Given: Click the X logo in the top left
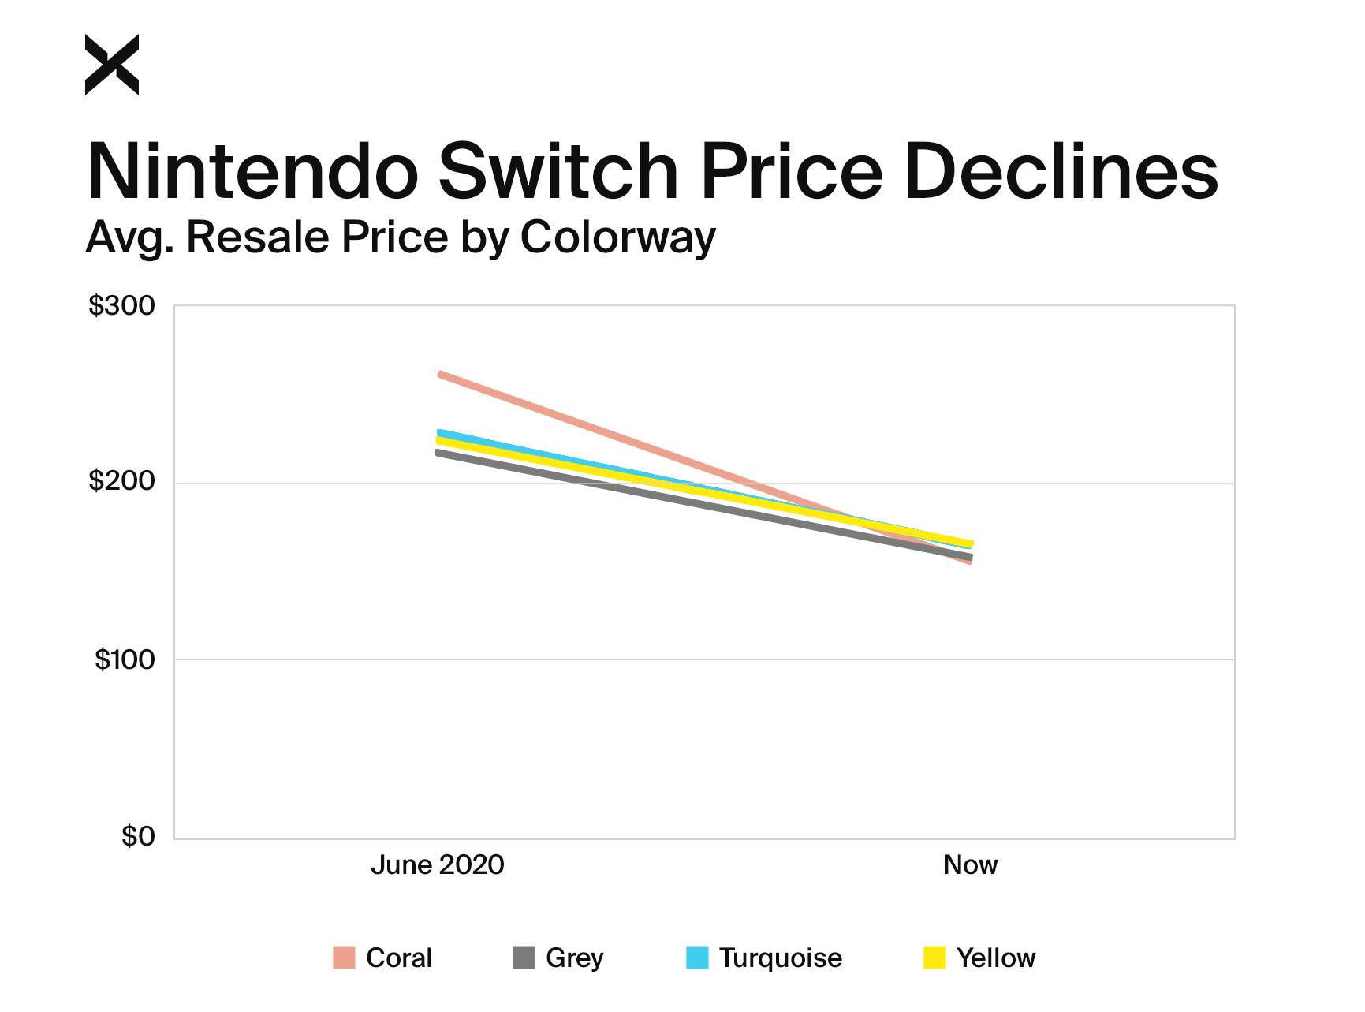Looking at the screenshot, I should pos(111,65).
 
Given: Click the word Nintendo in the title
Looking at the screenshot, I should pos(252,171).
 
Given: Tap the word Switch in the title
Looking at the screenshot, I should pos(558,171).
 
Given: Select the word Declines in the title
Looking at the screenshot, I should pos(1061,171).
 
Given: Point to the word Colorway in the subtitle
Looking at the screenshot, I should pos(617,237).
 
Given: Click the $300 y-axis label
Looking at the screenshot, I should pos(121,305).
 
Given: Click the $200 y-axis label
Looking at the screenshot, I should pos(121,481).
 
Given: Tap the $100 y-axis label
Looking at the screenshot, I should pos(125,659).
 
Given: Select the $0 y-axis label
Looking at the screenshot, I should pos(138,836).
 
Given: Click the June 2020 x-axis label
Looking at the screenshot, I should pos(437,864).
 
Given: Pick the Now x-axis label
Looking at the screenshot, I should pos(970,864).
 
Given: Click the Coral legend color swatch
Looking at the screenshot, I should pos(344,958).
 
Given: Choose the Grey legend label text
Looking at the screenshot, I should pos(574,958).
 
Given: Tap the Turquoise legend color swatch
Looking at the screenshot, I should pos(697,958).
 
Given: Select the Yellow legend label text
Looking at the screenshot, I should pos(995,958).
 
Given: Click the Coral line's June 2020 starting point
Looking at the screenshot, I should pos(440,374).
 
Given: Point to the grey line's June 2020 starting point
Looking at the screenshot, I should pos(438,452).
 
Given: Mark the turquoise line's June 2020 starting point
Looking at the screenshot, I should pos(439,432).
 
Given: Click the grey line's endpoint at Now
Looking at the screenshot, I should pos(969,557).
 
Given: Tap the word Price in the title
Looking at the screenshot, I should pos(791,171).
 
